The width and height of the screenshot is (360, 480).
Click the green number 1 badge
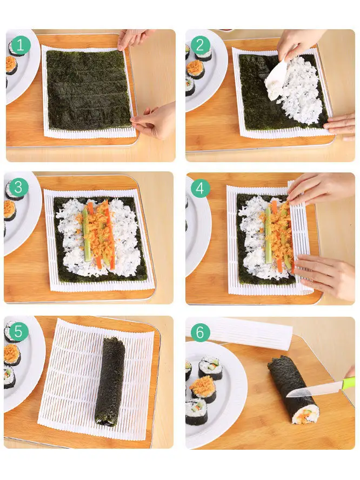[x=21, y=45]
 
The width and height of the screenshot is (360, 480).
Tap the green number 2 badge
[x=200, y=45]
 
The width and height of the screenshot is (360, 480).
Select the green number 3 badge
[x=18, y=188]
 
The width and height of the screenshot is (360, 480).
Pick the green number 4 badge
[x=200, y=188]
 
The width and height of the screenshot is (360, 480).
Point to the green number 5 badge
[x=18, y=331]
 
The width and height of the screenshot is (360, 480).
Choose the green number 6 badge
[x=200, y=332]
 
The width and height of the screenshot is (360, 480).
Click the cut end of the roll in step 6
[x=305, y=414]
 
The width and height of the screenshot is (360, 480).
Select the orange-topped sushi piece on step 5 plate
[x=12, y=355]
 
